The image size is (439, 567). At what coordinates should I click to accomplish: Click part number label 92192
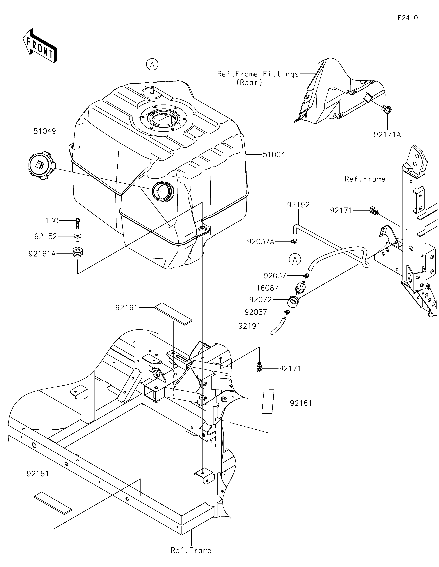(x=298, y=205)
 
